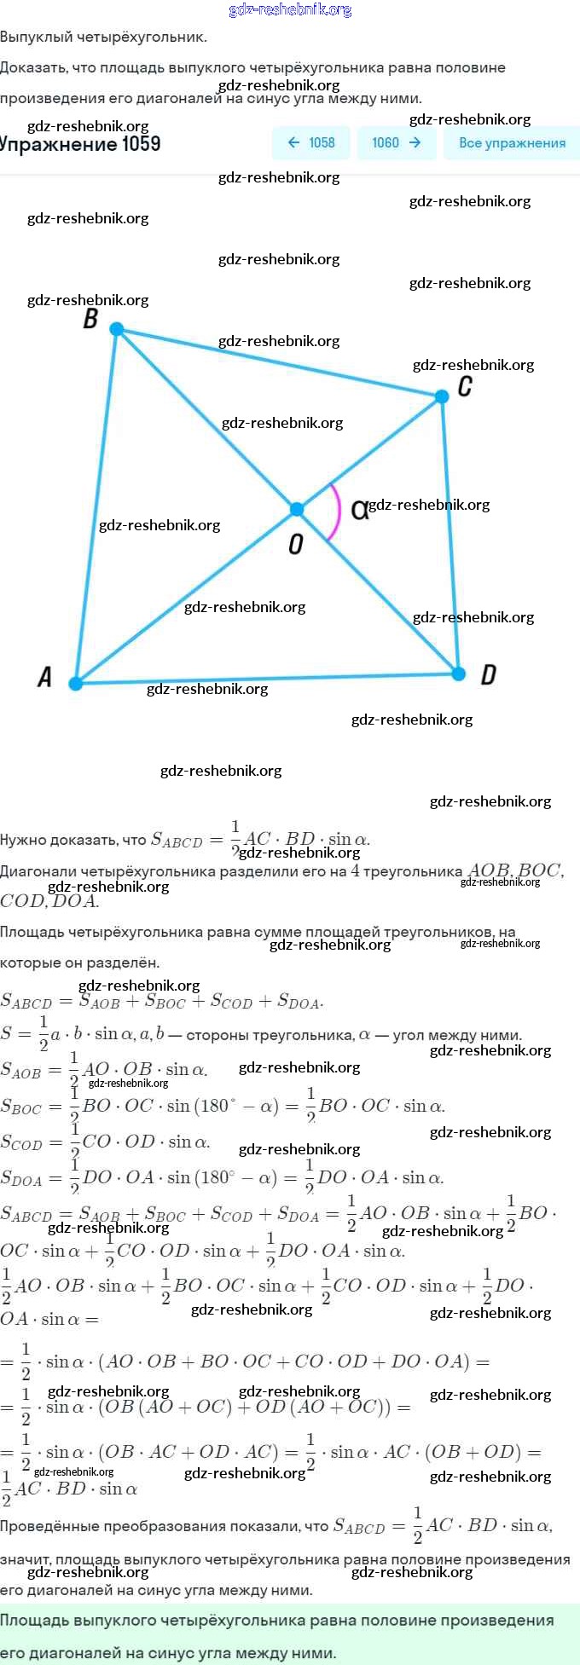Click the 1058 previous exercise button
coord(310,142)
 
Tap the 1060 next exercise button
coord(397,142)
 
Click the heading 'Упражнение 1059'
coord(80,143)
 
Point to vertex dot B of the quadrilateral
coord(117,329)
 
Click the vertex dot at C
coord(442,396)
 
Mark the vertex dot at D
coord(458,674)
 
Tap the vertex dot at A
coord(76,683)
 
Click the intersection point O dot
coord(297,509)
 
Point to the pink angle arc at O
coord(337,512)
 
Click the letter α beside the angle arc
coord(359,510)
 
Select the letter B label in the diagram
coord(90,319)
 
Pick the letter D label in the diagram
coord(488,675)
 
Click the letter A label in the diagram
coord(44,677)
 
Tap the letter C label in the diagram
coord(465,386)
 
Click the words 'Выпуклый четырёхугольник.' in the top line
coord(103,37)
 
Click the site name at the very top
coord(290,10)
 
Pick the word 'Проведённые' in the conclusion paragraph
coord(48,1526)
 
